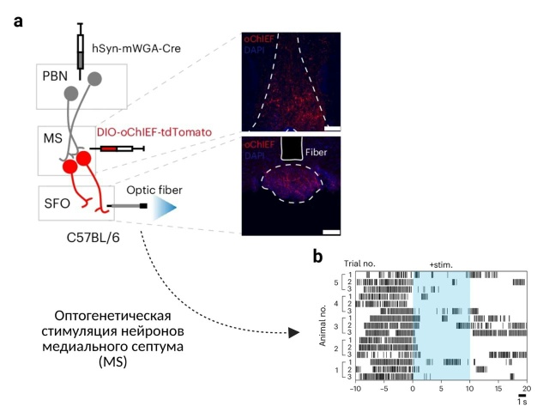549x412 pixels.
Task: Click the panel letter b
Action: pyautogui.click(x=318, y=255)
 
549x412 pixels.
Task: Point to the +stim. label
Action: pyautogui.click(x=443, y=265)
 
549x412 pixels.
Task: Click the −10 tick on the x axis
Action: pyautogui.click(x=353, y=391)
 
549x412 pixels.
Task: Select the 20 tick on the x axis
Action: pyautogui.click(x=528, y=391)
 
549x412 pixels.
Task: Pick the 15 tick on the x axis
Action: pyautogui.click(x=498, y=391)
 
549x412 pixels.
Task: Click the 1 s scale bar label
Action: pyautogui.click(x=522, y=402)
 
